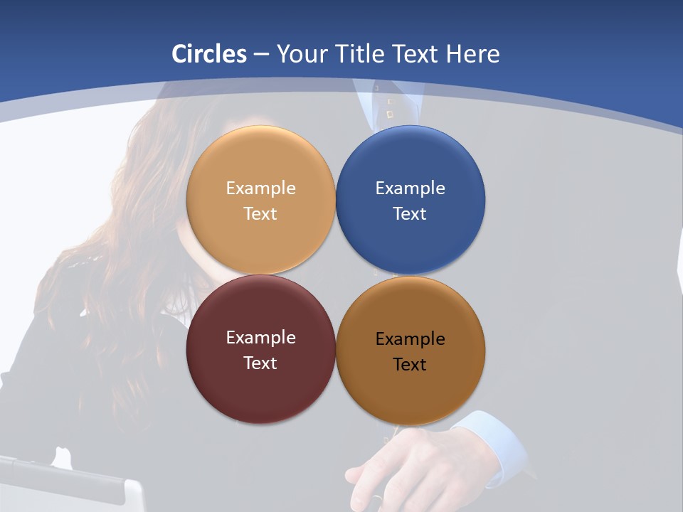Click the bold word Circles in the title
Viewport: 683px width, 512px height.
(x=209, y=54)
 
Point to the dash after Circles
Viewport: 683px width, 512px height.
(x=261, y=55)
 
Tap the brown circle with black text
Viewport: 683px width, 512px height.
(x=411, y=395)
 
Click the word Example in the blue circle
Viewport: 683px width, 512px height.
(x=411, y=188)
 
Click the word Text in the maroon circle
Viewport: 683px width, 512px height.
(x=260, y=363)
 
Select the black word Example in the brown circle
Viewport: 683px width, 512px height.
(x=411, y=339)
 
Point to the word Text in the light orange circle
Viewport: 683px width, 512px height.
(x=260, y=213)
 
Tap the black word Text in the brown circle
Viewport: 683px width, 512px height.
(x=411, y=364)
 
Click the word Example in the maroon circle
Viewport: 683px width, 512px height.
(x=260, y=338)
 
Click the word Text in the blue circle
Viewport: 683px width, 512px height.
(x=411, y=213)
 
